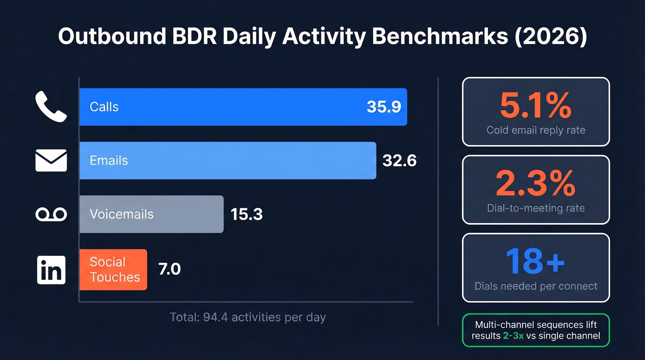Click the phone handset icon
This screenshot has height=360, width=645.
point(51,106)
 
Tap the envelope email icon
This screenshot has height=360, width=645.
point(51,160)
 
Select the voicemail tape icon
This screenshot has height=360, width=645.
point(51,214)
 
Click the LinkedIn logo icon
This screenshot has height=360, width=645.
point(51,270)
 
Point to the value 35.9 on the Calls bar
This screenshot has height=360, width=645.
point(384,107)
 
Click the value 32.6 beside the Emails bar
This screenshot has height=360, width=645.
point(399,160)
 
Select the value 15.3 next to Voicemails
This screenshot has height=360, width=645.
point(246,214)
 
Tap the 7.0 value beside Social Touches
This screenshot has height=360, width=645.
point(170,269)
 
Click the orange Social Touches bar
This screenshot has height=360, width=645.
point(113,270)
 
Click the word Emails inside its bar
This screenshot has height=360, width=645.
point(109,160)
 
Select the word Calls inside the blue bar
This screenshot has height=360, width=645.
point(104,107)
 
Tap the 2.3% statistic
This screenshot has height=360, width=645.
point(535,183)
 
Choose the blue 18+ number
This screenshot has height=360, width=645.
point(535,261)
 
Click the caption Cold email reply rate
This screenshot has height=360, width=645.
point(536,130)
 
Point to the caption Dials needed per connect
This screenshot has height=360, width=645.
point(536,286)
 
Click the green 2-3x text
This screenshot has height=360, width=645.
point(513,336)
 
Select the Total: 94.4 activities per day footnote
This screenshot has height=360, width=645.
point(247,317)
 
